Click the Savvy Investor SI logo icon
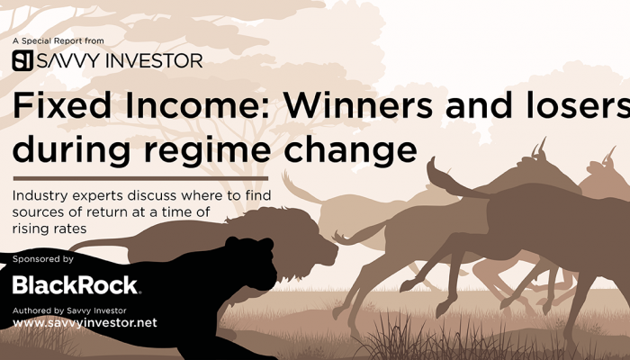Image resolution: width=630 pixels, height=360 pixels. pos(22,60)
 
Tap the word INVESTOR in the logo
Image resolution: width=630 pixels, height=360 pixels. pos(154,60)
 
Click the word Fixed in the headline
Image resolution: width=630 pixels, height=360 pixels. pos(62,105)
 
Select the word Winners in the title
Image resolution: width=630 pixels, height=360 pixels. pos(358,105)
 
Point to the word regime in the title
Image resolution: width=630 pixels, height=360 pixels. pos(207,149)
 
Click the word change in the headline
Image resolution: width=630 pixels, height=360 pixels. pos(350,149)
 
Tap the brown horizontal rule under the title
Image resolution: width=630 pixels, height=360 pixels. pos(140,178)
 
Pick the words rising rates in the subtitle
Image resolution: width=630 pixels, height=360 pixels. pos(49,229)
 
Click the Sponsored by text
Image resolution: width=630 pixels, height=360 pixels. pos(43,259)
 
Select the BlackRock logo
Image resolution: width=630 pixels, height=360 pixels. pos(76,285)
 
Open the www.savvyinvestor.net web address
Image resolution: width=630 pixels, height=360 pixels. pos(85,322)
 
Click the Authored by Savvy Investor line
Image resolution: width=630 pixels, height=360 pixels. pos(69,310)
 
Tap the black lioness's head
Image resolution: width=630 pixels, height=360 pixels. pos(253,261)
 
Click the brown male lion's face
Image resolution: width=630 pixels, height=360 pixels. pos(318,249)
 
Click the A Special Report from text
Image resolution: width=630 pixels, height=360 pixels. pos(58,41)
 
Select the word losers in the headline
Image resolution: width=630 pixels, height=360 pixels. pos(578,105)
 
